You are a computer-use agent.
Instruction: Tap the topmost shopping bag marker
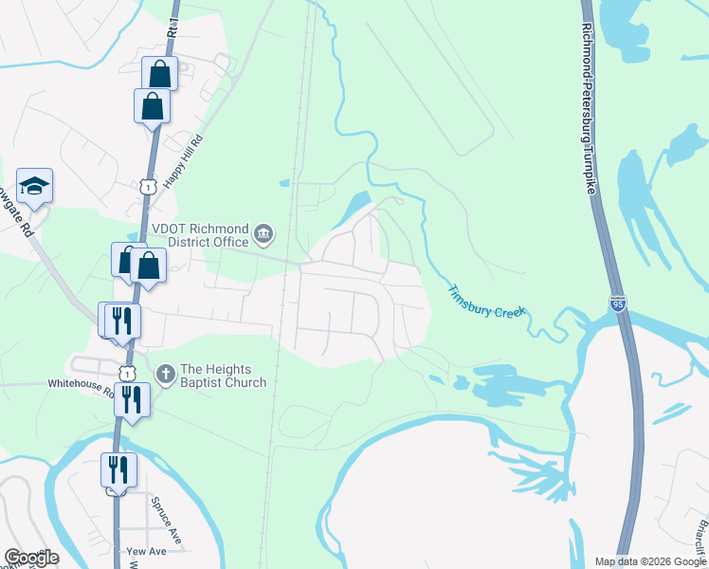160,73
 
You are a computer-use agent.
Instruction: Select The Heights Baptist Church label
223,376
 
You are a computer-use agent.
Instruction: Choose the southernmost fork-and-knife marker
118,468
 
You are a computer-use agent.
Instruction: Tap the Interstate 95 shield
618,304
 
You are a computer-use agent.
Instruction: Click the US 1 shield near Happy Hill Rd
147,187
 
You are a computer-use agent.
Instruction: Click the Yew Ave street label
147,551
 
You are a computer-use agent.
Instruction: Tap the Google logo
31,558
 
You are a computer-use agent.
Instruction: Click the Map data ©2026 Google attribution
650,561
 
